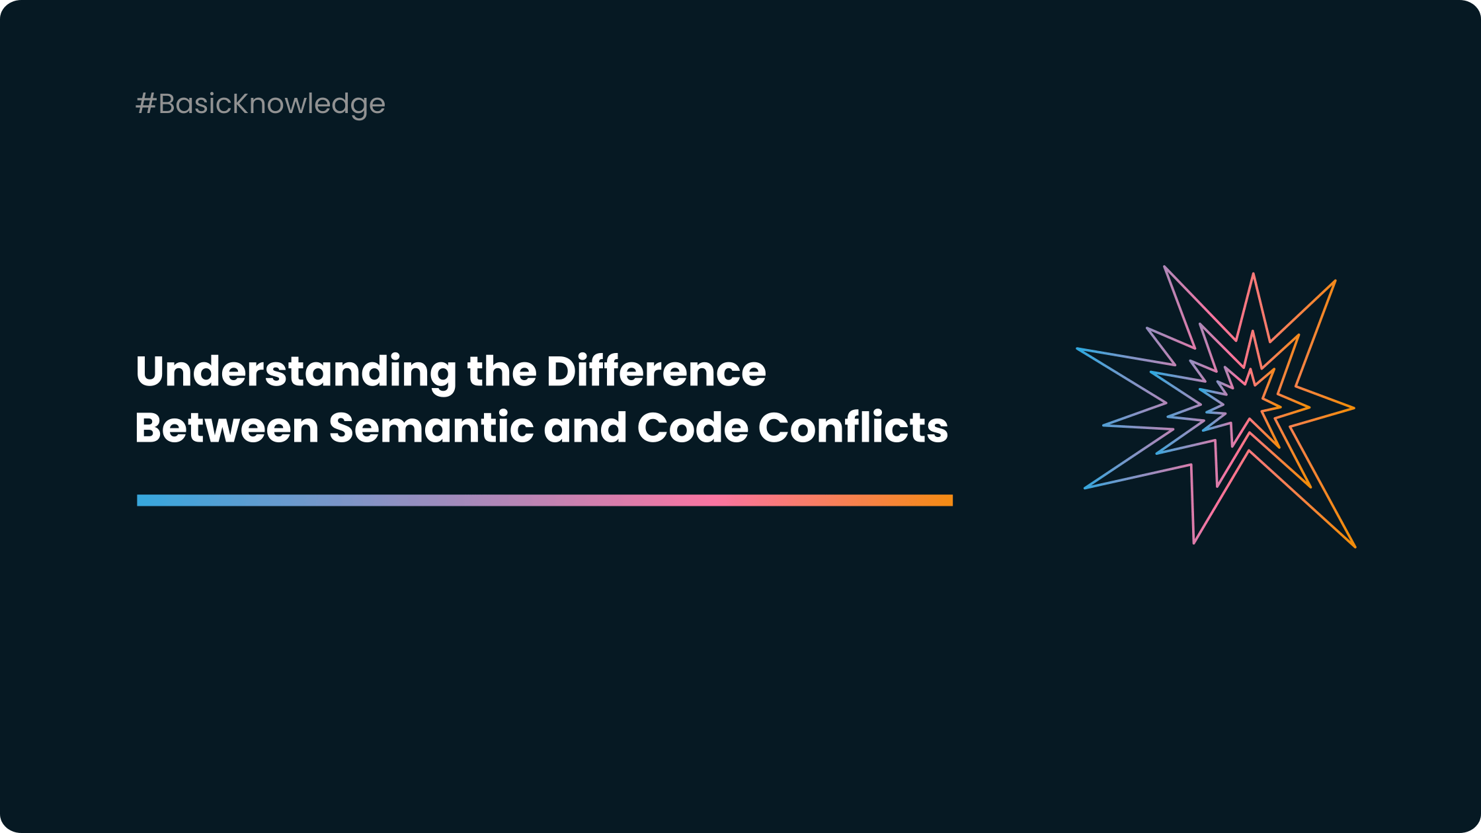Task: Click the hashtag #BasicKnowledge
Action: click(260, 104)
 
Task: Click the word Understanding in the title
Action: click(296, 372)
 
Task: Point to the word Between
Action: click(227, 428)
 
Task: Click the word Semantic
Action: click(431, 428)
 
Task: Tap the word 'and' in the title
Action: click(584, 428)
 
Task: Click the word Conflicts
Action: click(853, 428)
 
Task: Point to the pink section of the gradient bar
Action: click(714, 500)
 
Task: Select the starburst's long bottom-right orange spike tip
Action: click(1354, 546)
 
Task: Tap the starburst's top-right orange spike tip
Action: click(1334, 282)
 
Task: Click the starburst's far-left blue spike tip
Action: click(1078, 349)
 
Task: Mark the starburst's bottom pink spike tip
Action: click(1194, 542)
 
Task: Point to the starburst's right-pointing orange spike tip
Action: click(1353, 408)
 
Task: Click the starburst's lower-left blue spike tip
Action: click(1086, 487)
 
